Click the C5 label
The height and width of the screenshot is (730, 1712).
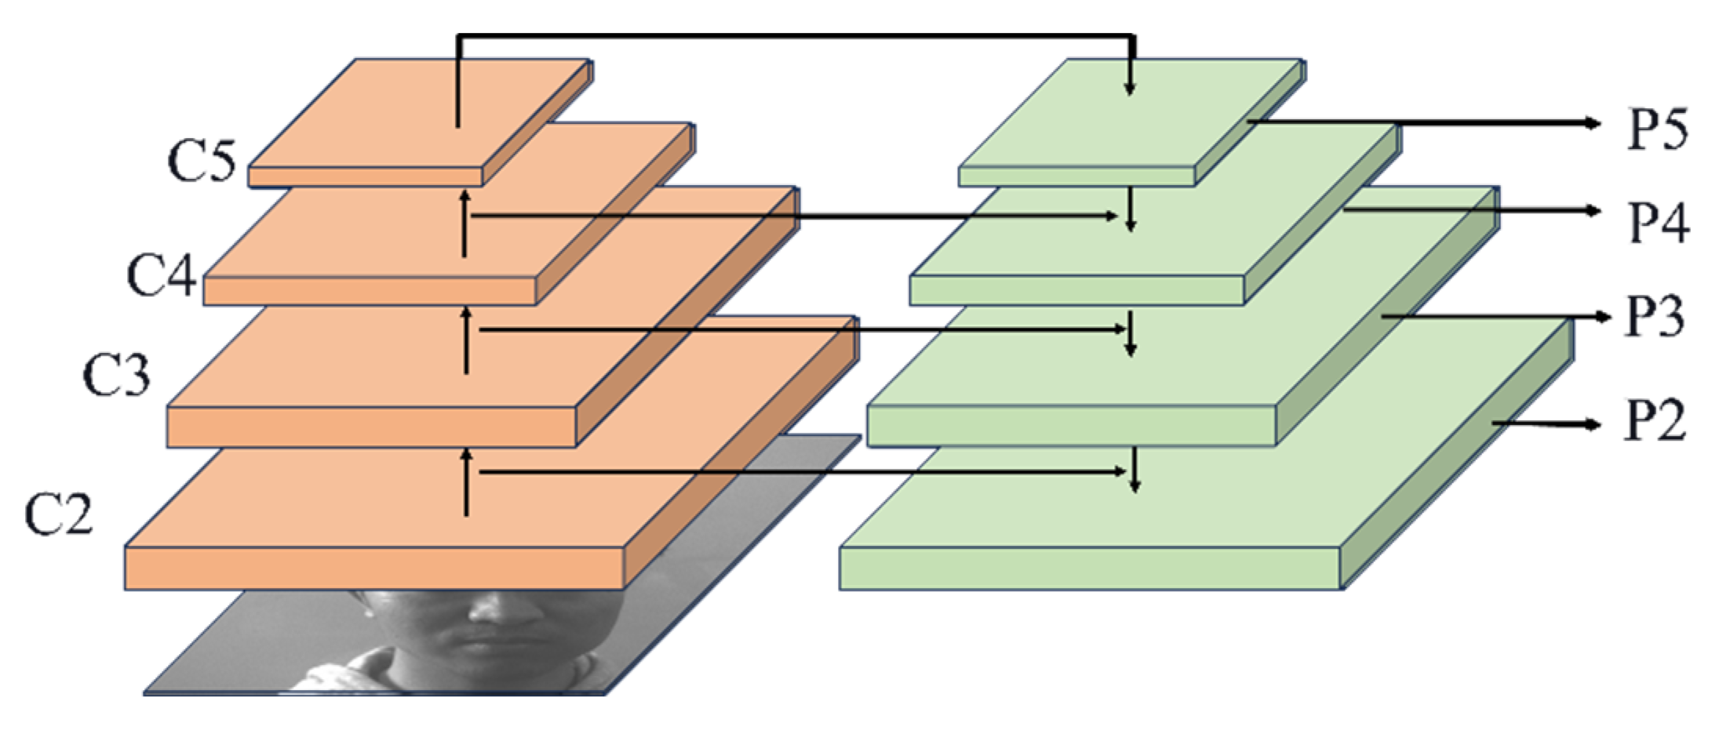tap(201, 162)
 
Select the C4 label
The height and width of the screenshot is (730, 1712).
tap(161, 276)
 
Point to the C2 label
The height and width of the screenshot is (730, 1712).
tap(59, 514)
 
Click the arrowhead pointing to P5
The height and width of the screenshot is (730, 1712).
tap(1593, 122)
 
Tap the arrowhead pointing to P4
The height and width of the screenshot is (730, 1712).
tap(1593, 210)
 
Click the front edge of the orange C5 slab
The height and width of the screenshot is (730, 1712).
tap(366, 176)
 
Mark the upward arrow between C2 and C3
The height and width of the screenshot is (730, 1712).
tap(466, 482)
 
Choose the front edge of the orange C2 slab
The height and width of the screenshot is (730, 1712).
tap(373, 568)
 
